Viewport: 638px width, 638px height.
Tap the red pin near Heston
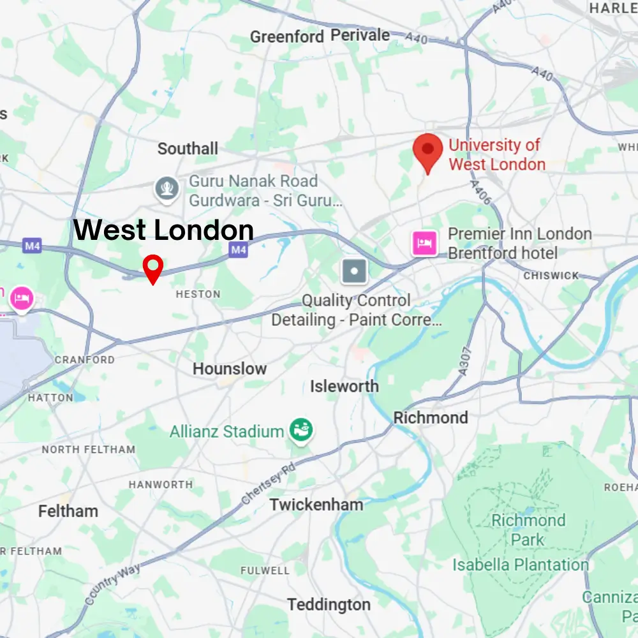153,267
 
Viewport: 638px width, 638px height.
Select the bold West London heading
164,230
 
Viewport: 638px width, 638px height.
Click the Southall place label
188,149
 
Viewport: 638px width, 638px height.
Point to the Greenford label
287,37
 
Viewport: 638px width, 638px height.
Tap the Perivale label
360,35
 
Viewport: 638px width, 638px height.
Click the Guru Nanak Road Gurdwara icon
167,189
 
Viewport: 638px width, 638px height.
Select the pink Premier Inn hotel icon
425,243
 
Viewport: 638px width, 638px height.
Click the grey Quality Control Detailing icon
355,271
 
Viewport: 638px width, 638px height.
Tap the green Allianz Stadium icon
299,431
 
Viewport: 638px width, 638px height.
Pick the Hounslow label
230,369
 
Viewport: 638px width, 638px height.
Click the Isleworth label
345,386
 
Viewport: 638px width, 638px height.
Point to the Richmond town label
431,418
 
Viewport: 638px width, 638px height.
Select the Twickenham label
316,505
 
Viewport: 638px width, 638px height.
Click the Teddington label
329,604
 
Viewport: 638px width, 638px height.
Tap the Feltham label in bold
68,511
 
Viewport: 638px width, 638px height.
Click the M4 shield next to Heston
238,250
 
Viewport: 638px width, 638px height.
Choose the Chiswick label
551,276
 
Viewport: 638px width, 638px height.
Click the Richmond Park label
528,530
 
